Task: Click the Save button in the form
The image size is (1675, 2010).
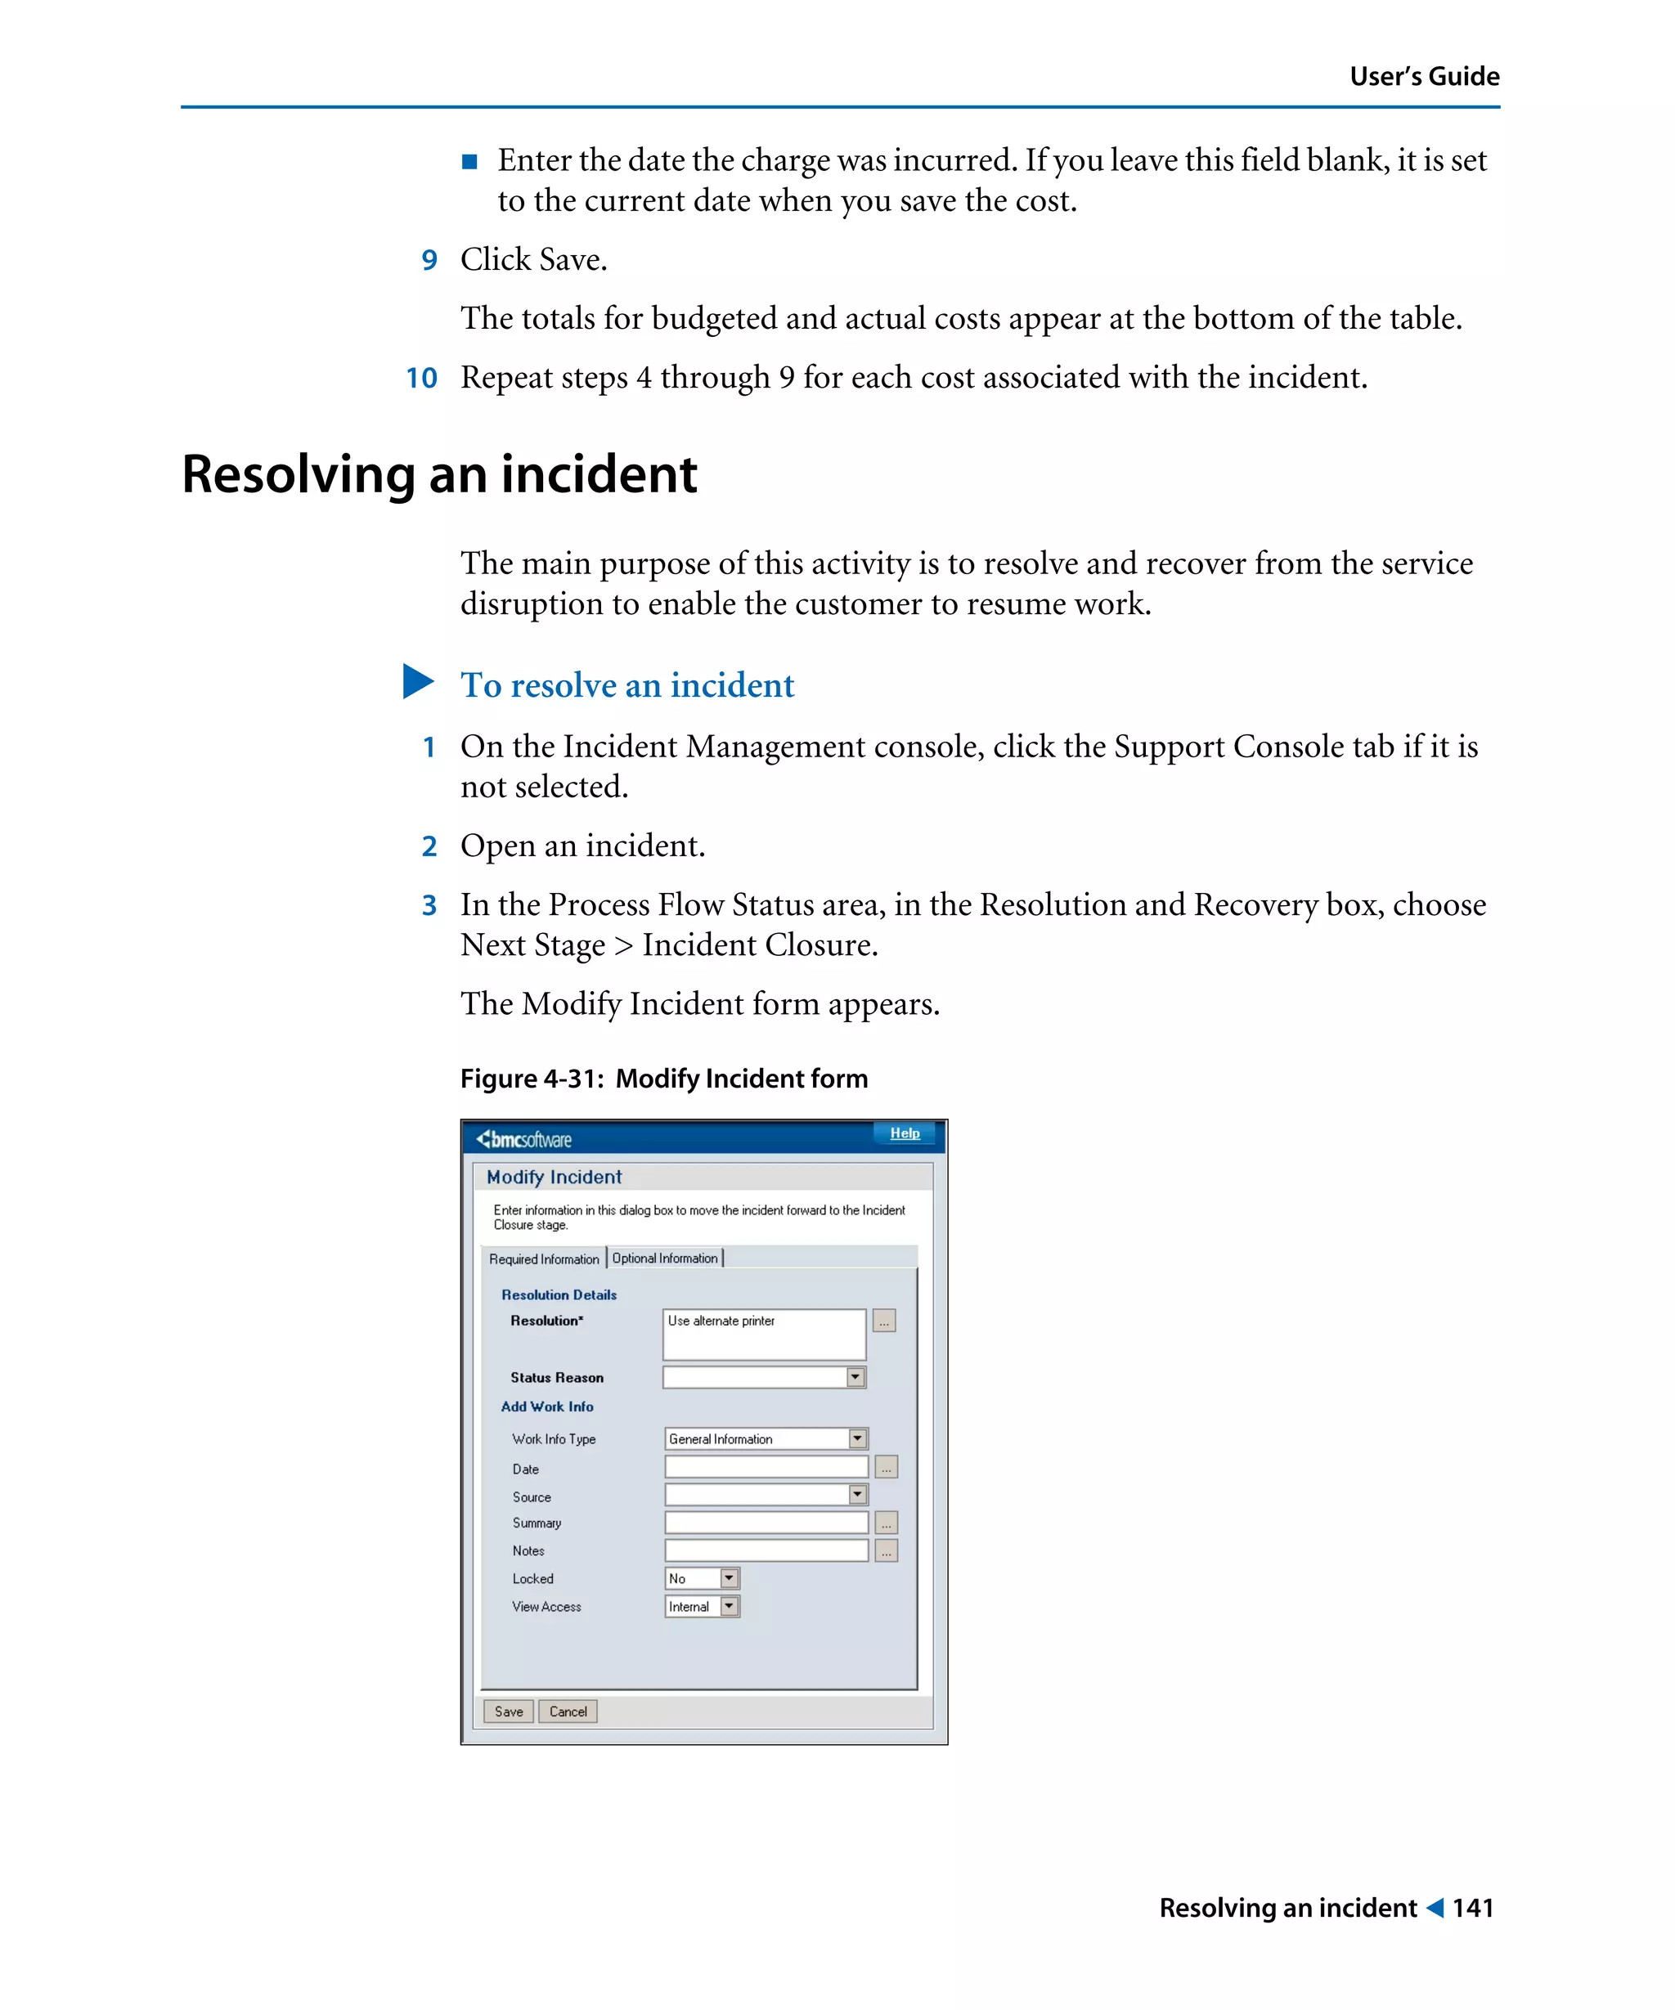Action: click(508, 1712)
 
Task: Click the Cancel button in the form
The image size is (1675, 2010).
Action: click(568, 1712)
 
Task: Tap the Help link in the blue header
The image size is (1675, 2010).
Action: click(905, 1133)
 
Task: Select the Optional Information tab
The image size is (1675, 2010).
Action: click(665, 1258)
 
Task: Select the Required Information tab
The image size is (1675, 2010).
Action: click(544, 1259)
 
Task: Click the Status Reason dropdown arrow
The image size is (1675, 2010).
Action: click(855, 1377)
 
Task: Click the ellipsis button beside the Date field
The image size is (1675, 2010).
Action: click(887, 1467)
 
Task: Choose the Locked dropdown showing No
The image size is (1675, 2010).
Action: click(702, 1578)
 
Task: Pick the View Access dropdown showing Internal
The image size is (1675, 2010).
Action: click(702, 1606)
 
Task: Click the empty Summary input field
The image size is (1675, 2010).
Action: click(766, 1523)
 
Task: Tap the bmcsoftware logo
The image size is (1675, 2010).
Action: click(524, 1139)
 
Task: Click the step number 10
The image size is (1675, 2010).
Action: click(421, 378)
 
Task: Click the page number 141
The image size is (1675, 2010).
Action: click(1472, 1908)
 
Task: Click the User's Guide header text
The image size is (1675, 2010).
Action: click(1423, 77)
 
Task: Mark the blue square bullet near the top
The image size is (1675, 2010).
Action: click(469, 162)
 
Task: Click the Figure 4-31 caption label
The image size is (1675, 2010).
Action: click(663, 1079)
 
